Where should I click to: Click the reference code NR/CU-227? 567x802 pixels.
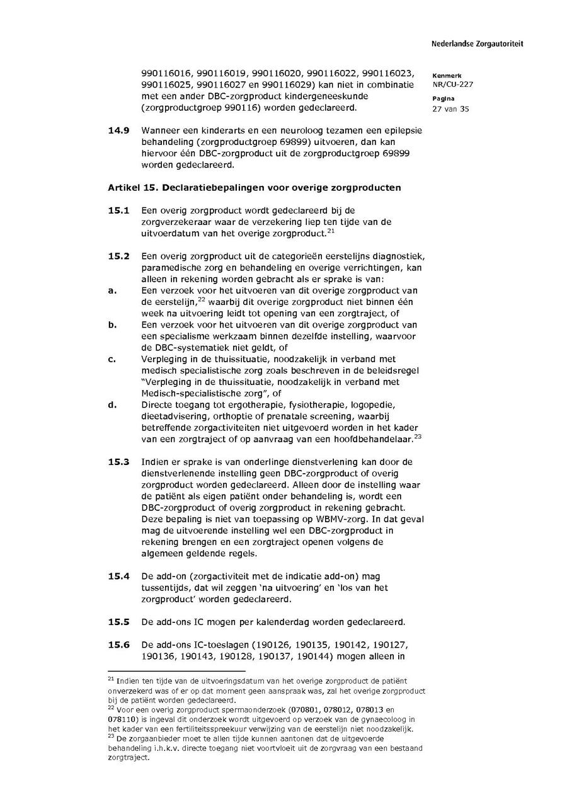pyautogui.click(x=453, y=84)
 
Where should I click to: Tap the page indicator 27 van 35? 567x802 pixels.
pyautogui.click(x=450, y=108)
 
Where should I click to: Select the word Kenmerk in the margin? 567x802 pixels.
pyautogui.click(x=447, y=76)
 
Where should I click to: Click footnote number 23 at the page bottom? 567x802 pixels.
pyautogui.click(x=111, y=735)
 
